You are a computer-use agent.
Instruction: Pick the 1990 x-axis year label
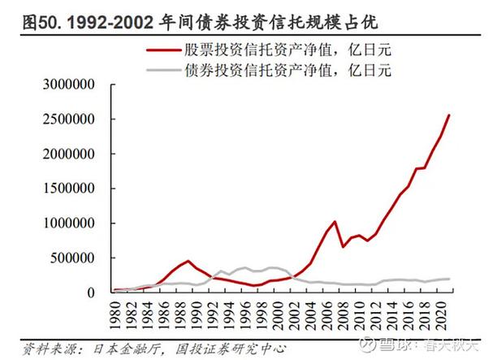coord(188,310)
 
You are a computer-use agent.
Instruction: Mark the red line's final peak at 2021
coord(450,115)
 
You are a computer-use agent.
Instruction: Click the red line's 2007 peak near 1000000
coord(335,221)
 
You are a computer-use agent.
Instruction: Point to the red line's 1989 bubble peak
coord(188,261)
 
